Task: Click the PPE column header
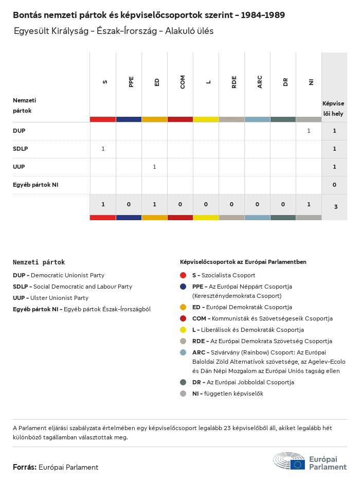[131, 81]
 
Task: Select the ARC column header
[260, 81]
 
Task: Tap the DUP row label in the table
[19, 131]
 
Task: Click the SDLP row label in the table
[20, 149]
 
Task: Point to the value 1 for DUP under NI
[309, 131]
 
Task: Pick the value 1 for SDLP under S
[103, 149]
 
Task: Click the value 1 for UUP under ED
[154, 167]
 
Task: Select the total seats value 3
[334, 207]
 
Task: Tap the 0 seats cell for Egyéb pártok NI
[334, 185]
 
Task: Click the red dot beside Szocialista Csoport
[183, 275]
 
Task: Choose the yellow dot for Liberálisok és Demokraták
[183, 330]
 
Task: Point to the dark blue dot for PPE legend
[183, 287]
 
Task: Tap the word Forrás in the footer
[24, 467]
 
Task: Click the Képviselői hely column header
[333, 108]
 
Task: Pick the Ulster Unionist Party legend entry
[50, 298]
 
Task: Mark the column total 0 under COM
[180, 204]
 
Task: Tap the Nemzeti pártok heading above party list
[39, 262]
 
